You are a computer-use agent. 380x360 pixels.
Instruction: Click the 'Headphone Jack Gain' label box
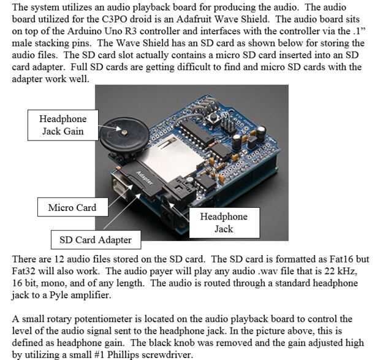63,124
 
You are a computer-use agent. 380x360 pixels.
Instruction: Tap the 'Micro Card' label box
72,208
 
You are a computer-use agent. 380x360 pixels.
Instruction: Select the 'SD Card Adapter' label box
91,239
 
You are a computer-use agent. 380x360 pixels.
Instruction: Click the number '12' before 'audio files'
53,259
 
